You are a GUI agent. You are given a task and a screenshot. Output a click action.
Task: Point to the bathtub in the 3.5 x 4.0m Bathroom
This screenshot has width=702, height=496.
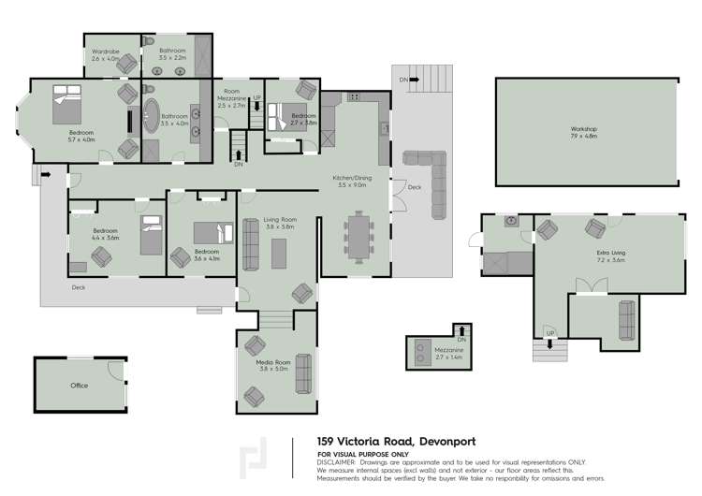[x=152, y=114]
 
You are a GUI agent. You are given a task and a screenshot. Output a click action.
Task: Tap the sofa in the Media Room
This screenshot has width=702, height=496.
[x=303, y=374]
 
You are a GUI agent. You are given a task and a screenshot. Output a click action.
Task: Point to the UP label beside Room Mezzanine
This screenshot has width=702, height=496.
[x=256, y=97]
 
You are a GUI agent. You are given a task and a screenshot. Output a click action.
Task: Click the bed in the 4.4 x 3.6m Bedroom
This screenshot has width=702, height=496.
[x=151, y=235]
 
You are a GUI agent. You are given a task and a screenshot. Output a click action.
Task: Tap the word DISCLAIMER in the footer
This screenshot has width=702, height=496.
[x=336, y=462]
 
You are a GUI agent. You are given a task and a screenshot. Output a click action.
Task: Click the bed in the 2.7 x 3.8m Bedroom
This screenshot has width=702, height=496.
[x=278, y=120]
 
